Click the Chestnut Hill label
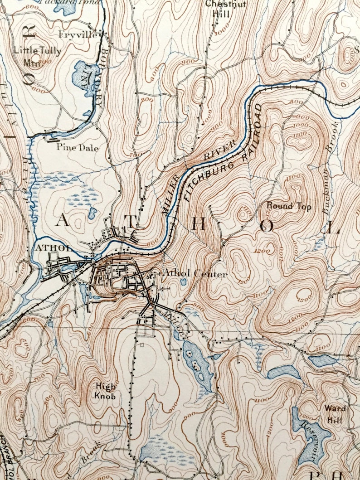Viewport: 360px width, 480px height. coord(219,9)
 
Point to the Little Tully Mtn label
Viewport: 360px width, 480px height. coord(37,54)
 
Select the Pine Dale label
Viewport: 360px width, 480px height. coord(77,147)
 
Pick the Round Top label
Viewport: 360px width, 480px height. coord(289,207)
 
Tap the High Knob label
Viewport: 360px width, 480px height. coord(105,391)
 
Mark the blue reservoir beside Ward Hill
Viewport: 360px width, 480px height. coord(309,431)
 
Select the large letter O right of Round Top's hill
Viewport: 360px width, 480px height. coord(267,227)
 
